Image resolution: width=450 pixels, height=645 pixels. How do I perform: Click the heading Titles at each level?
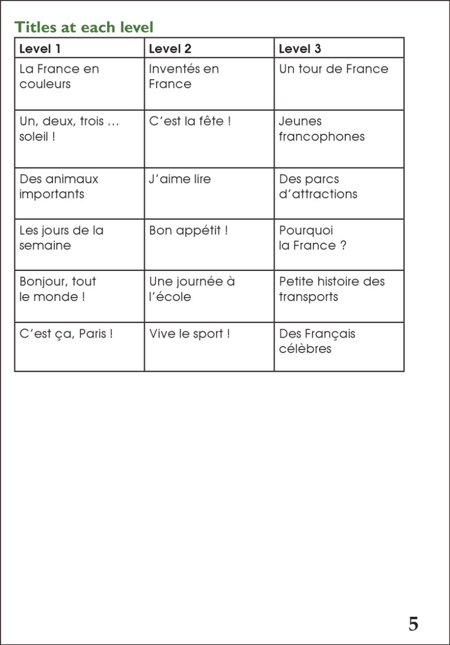[x=84, y=26]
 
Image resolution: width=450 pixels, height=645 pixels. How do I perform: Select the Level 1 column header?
[x=40, y=49]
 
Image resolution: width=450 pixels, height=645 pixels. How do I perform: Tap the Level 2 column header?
[x=170, y=49]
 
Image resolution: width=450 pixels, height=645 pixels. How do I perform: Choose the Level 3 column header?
[x=300, y=49]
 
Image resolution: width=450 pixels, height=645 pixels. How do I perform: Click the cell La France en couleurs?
[x=59, y=77]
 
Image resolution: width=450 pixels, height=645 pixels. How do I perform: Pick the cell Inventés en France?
[x=184, y=77]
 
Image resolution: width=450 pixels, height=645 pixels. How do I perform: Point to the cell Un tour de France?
[x=333, y=69]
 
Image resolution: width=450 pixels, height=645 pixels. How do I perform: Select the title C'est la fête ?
[x=190, y=121]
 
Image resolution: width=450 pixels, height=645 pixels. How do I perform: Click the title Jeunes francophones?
[x=322, y=129]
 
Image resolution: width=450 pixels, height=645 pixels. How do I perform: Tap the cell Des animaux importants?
[x=59, y=186]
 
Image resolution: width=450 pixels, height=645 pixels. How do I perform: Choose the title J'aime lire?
[x=180, y=179]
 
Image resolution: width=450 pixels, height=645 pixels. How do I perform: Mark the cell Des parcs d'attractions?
[x=318, y=186]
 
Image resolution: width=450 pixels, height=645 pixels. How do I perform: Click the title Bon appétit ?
[x=188, y=230]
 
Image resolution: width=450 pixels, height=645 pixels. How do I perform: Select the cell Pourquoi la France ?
[x=313, y=238]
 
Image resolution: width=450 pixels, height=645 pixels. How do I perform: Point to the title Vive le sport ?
[x=190, y=333]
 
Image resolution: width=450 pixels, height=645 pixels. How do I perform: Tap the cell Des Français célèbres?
[x=317, y=341]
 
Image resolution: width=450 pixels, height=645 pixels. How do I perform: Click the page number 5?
[x=413, y=624]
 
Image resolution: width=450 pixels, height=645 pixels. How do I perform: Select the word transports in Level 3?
[x=308, y=297]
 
